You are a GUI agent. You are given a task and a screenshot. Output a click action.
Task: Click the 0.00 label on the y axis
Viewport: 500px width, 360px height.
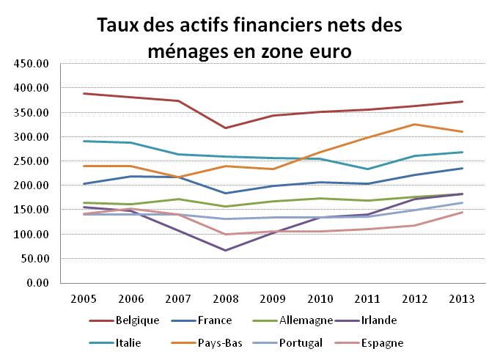(36, 283)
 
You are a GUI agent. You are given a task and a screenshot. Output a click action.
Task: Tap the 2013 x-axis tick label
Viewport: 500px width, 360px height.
(461, 299)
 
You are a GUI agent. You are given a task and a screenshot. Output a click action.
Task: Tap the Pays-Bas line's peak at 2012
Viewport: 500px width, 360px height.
(415, 125)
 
